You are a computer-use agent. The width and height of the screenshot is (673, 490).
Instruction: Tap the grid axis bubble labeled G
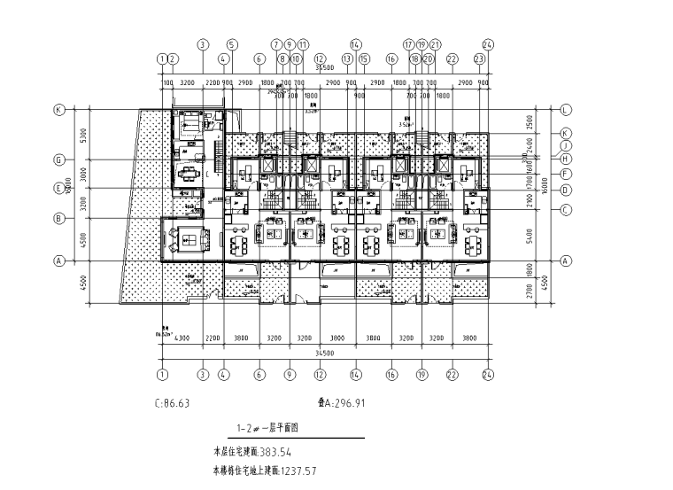[x=60, y=160]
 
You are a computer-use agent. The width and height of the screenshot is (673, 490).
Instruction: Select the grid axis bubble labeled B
[x=60, y=218]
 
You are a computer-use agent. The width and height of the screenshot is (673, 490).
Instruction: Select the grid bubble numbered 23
[x=479, y=59]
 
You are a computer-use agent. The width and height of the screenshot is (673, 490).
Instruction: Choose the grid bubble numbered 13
[x=348, y=59]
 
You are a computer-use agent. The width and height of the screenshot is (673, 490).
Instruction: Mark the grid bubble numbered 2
[x=174, y=59]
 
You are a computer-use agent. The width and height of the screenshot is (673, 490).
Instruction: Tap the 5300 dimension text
[x=81, y=135]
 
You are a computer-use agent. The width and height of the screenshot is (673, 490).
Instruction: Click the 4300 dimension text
[x=184, y=338]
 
